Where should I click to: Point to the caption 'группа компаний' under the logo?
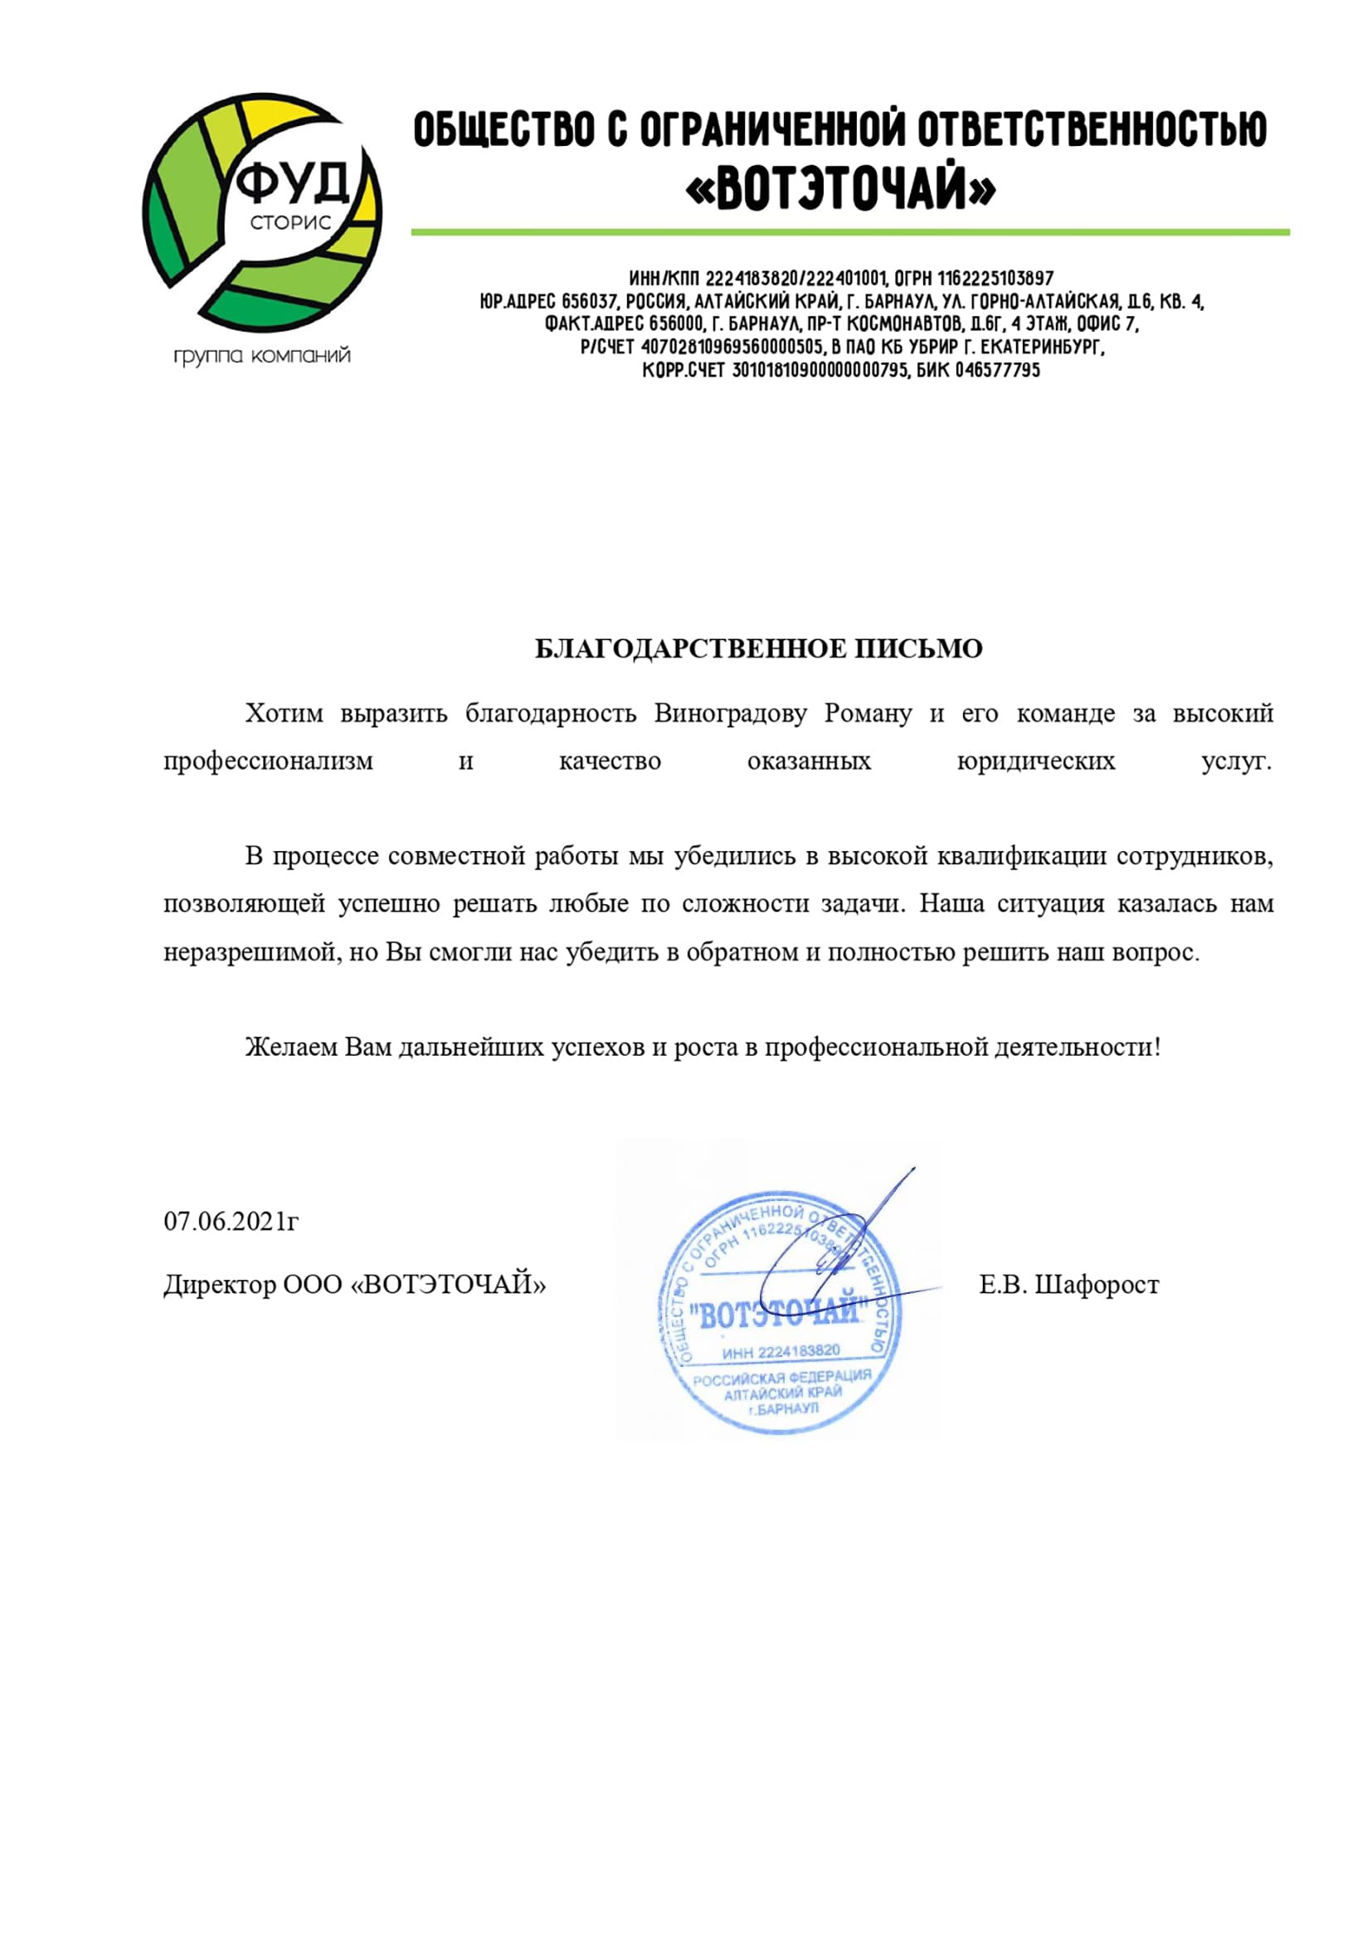262,356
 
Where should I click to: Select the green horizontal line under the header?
850,231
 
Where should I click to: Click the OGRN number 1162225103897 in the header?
995,278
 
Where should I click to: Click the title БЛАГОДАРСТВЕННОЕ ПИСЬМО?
759,649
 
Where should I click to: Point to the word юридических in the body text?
1035,761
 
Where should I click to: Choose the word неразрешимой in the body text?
249,952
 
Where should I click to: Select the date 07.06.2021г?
231,1222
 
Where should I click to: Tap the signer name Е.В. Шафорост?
1068,1285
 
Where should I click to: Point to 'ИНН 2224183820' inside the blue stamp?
781,1352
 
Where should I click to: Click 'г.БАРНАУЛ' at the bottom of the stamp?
783,1410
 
